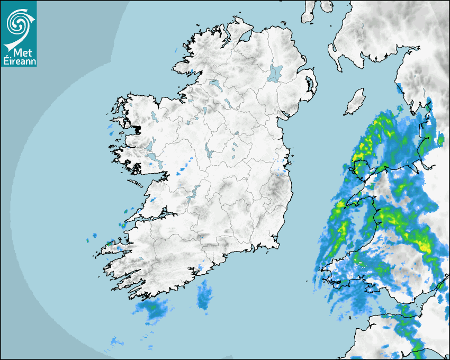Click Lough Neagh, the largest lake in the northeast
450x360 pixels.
(x=276, y=73)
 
